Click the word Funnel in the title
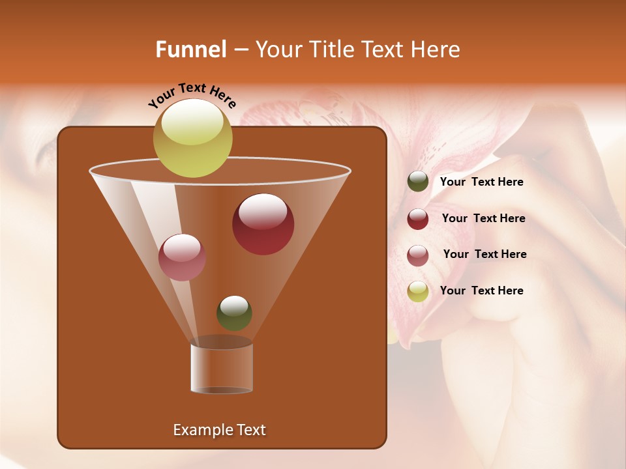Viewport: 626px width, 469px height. point(190,50)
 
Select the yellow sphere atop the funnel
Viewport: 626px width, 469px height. point(192,137)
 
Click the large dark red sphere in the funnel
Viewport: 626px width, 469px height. point(263,224)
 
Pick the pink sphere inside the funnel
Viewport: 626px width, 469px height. point(182,257)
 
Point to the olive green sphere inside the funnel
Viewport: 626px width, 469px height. point(234,313)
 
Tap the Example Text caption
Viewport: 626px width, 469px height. point(219,430)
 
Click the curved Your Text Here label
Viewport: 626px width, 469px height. point(192,94)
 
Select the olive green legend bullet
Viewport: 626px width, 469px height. point(418,182)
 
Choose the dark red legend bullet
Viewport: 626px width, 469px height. point(418,219)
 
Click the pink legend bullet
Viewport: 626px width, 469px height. point(418,255)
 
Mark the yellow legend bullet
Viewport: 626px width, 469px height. point(418,291)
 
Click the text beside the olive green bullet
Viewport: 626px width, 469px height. point(481,182)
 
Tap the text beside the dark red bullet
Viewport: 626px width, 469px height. point(483,218)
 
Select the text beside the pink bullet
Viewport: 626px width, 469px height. point(484,254)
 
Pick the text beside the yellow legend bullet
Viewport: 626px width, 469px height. point(481,291)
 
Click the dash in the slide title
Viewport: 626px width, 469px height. point(240,50)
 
